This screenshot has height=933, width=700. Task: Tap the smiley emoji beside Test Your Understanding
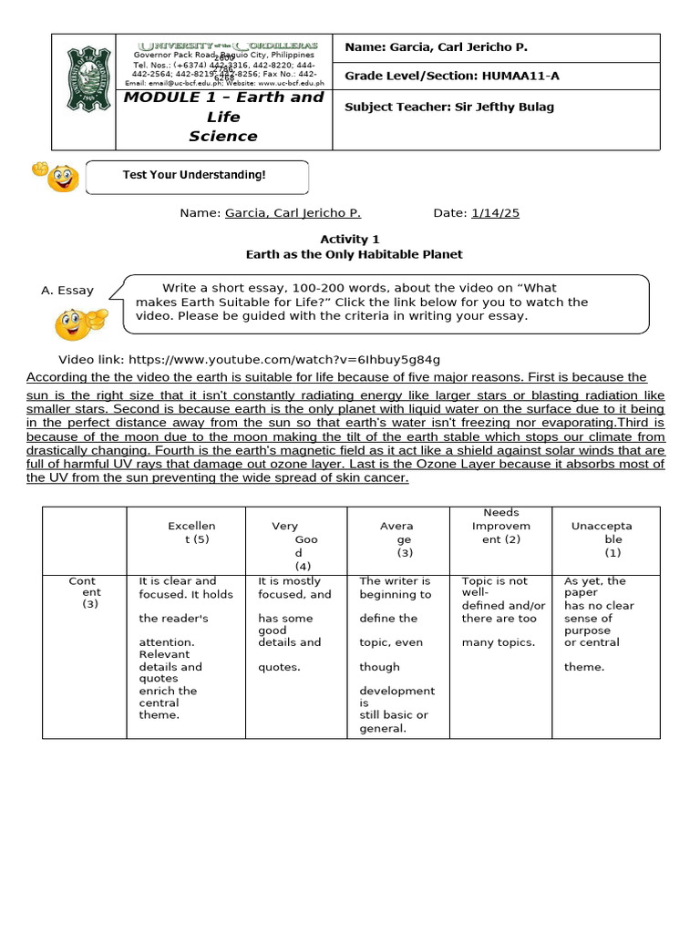[x=57, y=176]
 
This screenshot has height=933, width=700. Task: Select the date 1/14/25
[x=495, y=212]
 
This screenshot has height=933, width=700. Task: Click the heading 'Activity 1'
[x=350, y=240]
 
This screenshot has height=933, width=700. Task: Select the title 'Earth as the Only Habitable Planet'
[x=350, y=254]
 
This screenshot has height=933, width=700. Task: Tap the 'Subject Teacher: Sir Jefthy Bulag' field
[x=449, y=107]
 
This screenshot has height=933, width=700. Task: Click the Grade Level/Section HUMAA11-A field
[x=452, y=76]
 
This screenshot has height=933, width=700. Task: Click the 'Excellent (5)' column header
[x=191, y=532]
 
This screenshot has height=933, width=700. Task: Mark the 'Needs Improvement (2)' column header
[x=500, y=527]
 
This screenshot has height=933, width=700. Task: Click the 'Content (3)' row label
[x=83, y=591]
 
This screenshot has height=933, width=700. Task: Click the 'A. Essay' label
[x=67, y=291]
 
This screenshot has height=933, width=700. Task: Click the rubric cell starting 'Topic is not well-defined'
[x=502, y=610]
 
